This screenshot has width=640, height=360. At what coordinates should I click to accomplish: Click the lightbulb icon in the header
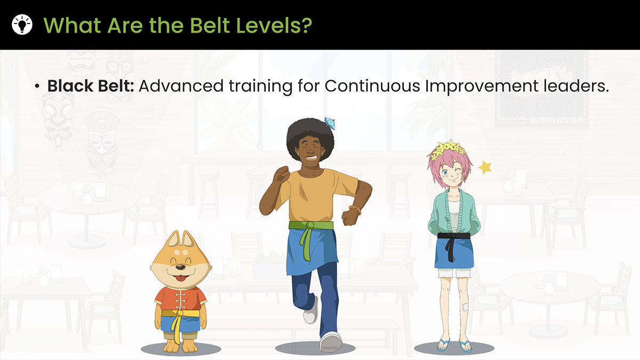pos(22,25)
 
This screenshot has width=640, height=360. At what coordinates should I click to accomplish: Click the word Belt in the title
pos(210,25)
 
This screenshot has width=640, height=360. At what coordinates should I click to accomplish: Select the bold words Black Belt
pos(91,86)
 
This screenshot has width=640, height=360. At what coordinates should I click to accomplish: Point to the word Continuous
pos(372,86)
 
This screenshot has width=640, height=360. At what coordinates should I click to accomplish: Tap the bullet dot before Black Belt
pos(37,86)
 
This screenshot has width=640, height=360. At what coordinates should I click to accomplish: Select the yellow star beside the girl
pos(485,167)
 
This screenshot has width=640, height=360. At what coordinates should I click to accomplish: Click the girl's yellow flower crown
pos(447,149)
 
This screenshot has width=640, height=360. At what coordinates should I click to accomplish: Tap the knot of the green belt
pos(309,226)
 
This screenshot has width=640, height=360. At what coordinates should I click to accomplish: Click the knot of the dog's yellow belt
pos(180,314)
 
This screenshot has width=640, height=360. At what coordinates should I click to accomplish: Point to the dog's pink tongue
pos(180,278)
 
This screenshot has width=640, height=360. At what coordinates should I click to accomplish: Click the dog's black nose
pos(180,267)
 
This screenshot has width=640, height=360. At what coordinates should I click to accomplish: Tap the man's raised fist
pos(281,174)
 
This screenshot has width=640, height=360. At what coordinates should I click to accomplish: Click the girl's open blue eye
pos(445,172)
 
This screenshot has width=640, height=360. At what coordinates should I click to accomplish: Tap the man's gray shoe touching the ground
pos(331,342)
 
